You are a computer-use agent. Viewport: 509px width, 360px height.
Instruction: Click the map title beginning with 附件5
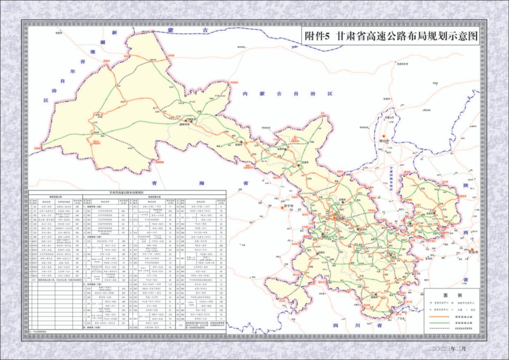pyautogui.click(x=391, y=36)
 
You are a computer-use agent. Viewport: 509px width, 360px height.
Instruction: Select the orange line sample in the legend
pyautogui.click(x=439, y=317)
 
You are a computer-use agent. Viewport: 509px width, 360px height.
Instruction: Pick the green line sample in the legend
pyautogui.click(x=439, y=323)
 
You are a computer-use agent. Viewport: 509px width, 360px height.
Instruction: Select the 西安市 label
pyautogui.click(x=474, y=252)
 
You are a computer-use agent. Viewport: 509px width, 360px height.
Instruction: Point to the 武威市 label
pyautogui.click(x=305, y=162)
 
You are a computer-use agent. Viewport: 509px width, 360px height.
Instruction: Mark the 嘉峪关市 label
pyautogui.click(x=184, y=125)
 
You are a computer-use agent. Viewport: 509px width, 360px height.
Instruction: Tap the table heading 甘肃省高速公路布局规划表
pyautogui.click(x=127, y=193)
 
